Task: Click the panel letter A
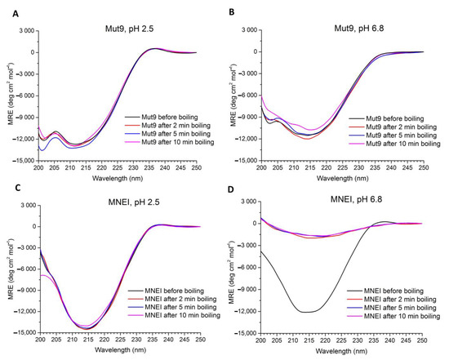[7, 7]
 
